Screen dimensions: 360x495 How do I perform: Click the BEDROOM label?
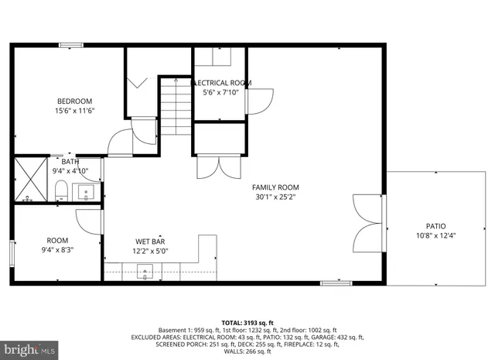74,101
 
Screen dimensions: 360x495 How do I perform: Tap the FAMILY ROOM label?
275,187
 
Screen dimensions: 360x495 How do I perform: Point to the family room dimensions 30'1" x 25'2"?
275,197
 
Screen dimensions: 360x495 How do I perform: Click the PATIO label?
436,226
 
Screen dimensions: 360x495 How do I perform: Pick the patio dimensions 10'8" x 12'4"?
436,236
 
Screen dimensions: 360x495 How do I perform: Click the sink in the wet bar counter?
145,270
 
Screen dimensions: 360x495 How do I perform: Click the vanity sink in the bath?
87,190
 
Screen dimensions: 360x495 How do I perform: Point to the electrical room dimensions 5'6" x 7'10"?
220,93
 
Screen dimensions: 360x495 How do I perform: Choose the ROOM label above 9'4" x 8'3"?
57,241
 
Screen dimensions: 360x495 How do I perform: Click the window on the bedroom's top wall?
71,45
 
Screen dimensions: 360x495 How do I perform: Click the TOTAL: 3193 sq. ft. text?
247,321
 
